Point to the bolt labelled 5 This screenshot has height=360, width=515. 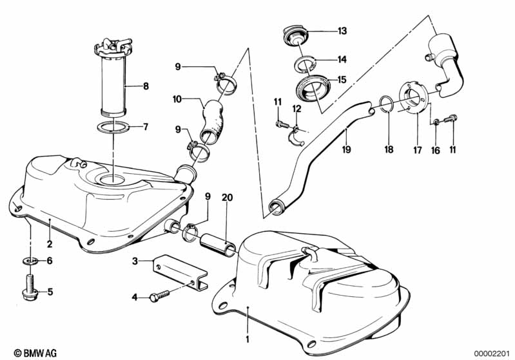30,289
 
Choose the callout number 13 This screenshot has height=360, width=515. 342,31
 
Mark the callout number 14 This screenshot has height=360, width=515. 342,59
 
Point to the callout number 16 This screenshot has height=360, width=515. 436,149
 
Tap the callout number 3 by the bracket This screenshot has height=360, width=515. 135,261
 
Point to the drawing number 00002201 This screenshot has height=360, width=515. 492,352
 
